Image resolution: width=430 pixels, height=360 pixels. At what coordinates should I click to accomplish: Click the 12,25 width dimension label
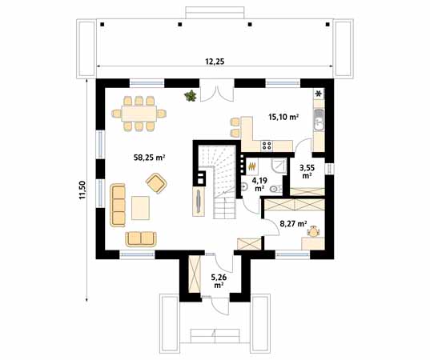click(x=215, y=62)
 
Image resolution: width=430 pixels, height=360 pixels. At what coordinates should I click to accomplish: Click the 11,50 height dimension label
click(x=82, y=190)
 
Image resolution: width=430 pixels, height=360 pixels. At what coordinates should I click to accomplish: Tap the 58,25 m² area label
click(x=149, y=158)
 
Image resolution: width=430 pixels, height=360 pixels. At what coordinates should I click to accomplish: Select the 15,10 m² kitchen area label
click(x=283, y=117)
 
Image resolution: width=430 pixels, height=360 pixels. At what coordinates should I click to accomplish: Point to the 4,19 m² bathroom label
click(x=259, y=184)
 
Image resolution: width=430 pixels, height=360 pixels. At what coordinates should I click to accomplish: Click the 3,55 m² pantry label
click(x=307, y=171)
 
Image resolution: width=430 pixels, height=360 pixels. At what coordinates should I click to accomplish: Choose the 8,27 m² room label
click(x=293, y=224)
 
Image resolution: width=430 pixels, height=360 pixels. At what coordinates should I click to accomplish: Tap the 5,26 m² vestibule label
click(x=219, y=281)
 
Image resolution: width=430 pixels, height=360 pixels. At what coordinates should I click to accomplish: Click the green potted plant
click(x=191, y=96)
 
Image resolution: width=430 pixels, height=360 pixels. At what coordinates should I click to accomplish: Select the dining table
click(x=139, y=114)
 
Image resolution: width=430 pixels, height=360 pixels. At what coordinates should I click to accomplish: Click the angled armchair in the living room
click(x=156, y=183)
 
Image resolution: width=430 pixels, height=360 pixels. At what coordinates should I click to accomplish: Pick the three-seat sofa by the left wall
click(x=118, y=206)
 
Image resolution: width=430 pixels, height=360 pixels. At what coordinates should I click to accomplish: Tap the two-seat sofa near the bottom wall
click(x=141, y=239)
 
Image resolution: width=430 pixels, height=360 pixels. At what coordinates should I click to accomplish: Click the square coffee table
click(x=140, y=208)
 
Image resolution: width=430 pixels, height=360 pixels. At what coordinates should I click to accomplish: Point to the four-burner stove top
click(x=267, y=146)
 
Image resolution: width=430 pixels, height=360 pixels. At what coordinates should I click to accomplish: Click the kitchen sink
click(x=319, y=120)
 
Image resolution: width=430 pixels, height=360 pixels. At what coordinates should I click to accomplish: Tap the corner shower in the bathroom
click(x=279, y=166)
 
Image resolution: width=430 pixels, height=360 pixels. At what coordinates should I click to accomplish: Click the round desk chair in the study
click(x=313, y=232)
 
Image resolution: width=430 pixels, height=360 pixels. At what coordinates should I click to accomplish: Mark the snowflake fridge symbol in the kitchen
click(x=319, y=94)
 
